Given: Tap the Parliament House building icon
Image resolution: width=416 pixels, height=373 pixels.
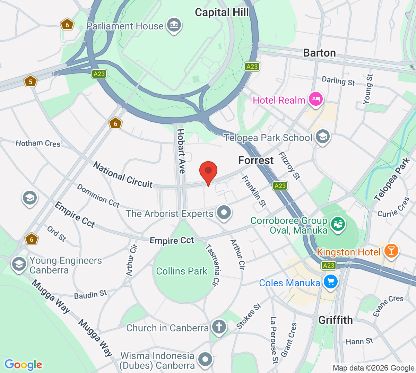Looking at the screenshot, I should click(x=174, y=25).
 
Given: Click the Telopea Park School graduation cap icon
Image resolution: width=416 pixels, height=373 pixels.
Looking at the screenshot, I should click(x=323, y=137).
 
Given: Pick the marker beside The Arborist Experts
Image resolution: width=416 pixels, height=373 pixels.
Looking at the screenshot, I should click(x=224, y=212).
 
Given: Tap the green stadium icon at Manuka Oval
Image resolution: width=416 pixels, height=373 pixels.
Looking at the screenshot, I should click(x=338, y=224).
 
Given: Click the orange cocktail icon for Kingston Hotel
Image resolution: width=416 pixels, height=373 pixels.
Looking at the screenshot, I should click(x=391, y=251).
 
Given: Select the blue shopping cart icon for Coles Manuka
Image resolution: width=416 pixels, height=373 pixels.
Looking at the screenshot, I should click(x=330, y=282).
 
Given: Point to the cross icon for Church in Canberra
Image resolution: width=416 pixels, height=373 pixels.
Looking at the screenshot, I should click(x=219, y=327).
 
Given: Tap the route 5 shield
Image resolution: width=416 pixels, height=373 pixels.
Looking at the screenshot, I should click(x=31, y=82).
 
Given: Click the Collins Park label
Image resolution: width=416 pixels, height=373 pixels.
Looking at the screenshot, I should click(x=182, y=271).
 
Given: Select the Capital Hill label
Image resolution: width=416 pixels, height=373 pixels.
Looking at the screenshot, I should click(x=222, y=12).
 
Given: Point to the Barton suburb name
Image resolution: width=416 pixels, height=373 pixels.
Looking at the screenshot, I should click(x=319, y=53).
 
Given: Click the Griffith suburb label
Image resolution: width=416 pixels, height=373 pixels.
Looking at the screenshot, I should click(x=335, y=320).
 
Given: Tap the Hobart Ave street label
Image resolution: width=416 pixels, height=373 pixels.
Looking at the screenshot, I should click(x=181, y=151).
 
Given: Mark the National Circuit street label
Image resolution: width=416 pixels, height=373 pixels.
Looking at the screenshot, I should click(x=123, y=175).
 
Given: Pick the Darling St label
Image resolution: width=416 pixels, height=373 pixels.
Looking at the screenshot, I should click(x=338, y=81).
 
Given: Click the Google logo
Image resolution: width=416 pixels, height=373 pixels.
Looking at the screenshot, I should click(x=23, y=365).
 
